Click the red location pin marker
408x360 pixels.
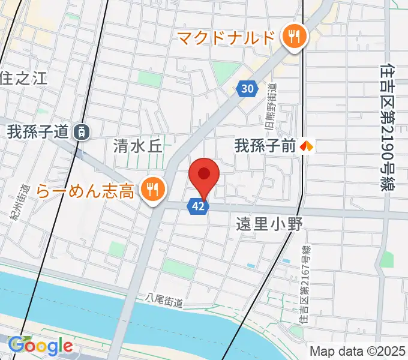point(204,175)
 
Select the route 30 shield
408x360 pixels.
point(246,89)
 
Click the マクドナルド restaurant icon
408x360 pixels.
point(294,38)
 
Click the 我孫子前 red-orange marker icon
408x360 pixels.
point(308,145)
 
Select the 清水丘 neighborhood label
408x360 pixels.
point(138,146)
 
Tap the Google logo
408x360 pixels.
point(40,346)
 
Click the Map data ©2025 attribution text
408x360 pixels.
point(358,352)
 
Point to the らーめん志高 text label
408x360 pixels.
point(85,191)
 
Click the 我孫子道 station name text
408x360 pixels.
point(38,132)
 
